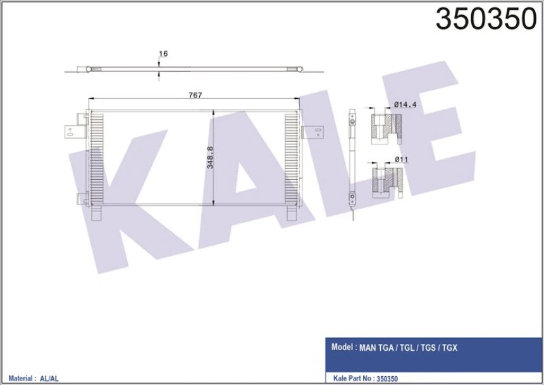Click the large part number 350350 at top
[486, 20]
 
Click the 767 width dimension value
[195, 95]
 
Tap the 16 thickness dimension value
[163, 54]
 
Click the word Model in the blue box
[342, 347]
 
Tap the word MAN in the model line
[368, 348]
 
